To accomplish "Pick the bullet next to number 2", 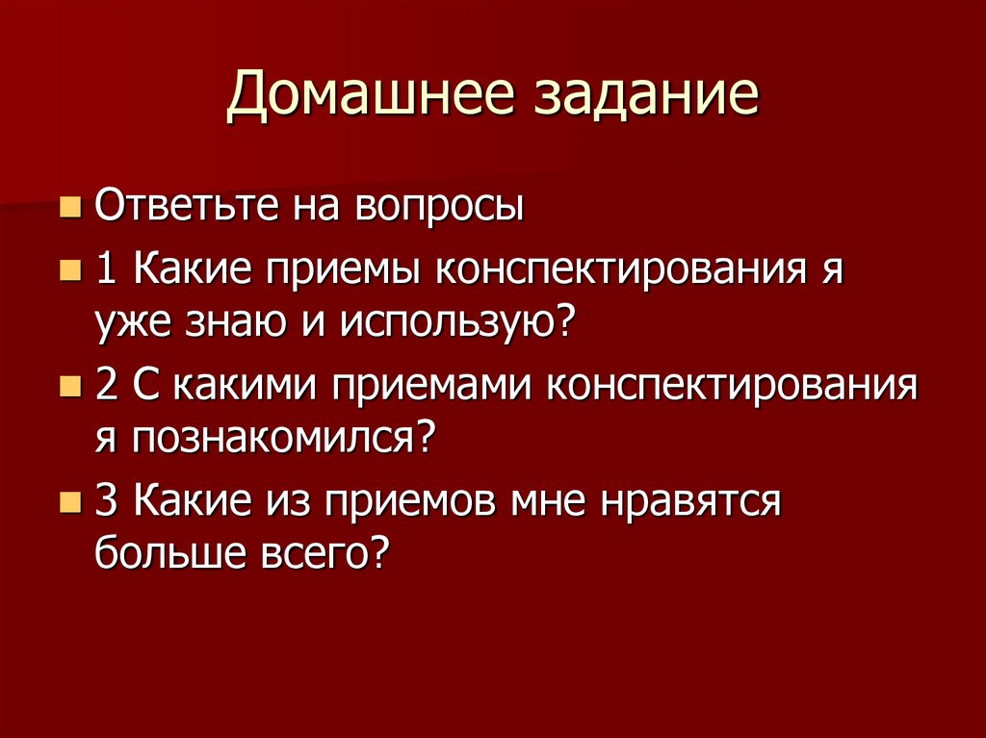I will coord(69,388).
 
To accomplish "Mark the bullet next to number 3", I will coord(69,501).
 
